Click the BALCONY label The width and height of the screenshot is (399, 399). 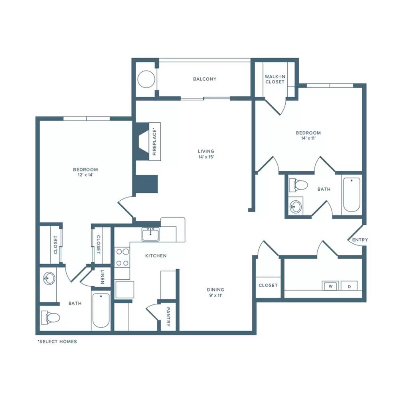(205, 79)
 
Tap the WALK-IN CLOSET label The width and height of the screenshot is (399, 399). (275, 79)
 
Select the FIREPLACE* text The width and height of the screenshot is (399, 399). (155, 142)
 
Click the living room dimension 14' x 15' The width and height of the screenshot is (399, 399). (206, 157)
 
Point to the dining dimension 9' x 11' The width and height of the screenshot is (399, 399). (215, 295)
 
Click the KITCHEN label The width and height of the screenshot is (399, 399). (156, 256)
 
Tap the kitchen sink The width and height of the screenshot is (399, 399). (150, 234)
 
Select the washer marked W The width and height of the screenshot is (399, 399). (330, 286)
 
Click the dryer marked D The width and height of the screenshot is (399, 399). (349, 286)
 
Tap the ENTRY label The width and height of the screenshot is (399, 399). (360, 240)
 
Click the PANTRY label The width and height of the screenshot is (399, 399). (168, 316)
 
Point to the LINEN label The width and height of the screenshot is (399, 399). (102, 277)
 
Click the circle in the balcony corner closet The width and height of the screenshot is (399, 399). (146, 79)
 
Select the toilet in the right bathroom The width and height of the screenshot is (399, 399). (298, 185)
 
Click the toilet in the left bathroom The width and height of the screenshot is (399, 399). (50, 317)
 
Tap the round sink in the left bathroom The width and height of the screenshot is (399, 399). (49, 278)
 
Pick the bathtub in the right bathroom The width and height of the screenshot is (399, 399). (352, 195)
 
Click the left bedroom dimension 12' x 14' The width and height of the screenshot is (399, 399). (85, 175)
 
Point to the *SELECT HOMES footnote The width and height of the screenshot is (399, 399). (57, 342)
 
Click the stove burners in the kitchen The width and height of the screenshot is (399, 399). (122, 257)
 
